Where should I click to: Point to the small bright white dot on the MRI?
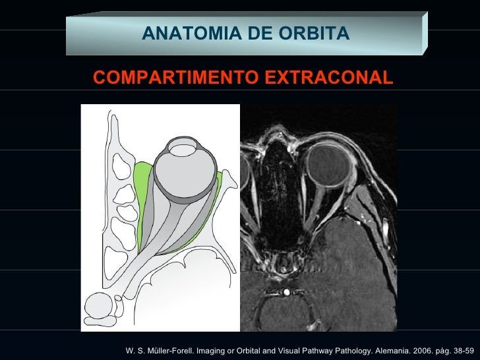click(x=286, y=290)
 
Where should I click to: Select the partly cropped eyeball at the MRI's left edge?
click(x=245, y=175)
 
